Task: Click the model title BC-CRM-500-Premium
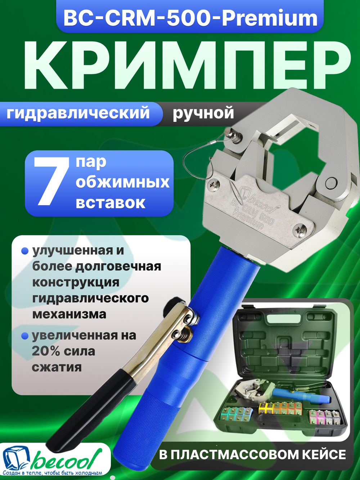(190, 18)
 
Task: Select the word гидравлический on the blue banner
(78, 113)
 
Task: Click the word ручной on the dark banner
(203, 113)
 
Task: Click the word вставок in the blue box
(111, 203)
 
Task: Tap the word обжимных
(122, 182)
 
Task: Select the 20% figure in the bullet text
(46, 351)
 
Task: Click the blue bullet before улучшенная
(25, 251)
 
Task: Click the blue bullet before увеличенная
(25, 336)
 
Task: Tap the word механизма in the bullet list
(69, 314)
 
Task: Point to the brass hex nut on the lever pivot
(184, 335)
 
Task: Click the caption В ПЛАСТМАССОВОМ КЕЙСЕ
(252, 454)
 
